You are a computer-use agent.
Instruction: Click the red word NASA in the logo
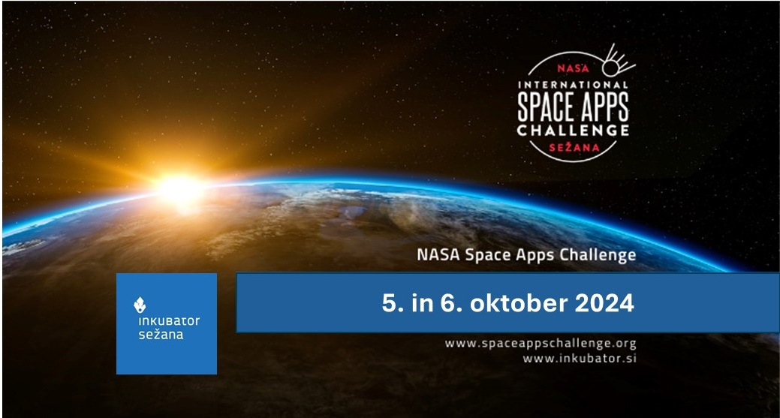click(573, 68)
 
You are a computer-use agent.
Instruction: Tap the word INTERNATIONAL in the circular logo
click(573, 85)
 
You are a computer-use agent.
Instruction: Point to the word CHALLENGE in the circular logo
click(573, 131)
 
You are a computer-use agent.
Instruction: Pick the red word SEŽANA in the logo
click(574, 147)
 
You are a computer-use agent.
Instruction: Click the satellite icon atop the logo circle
click(617, 61)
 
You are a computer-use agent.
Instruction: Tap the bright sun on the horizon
click(180, 189)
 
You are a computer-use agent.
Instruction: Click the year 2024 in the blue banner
click(604, 303)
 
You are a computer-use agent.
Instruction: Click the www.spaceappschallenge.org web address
click(541, 344)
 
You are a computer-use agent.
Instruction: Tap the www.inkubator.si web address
click(580, 358)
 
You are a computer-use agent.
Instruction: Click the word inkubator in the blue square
click(169, 320)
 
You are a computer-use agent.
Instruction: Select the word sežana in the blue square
click(161, 335)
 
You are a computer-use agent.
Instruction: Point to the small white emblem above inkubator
click(140, 305)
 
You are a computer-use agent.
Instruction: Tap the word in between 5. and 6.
click(423, 303)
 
